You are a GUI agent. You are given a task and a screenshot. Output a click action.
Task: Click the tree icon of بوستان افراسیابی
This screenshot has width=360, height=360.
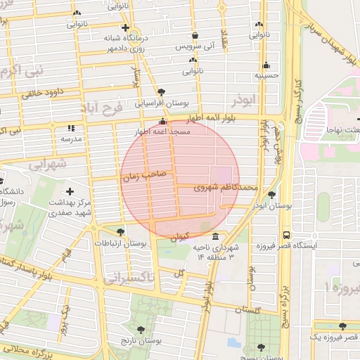click(162, 92)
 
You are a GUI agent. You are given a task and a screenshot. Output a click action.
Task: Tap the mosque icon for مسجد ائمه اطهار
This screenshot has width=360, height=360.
click(163, 121)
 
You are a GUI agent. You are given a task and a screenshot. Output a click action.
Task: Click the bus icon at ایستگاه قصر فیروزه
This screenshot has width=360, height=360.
click(285, 235)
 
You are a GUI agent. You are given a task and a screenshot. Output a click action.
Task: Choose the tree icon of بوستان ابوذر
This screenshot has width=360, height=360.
click(271, 195)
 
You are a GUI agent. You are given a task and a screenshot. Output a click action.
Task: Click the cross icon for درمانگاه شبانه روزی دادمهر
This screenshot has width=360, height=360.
click(125, 27)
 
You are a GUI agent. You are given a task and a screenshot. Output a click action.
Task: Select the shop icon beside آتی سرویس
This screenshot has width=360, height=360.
click(195, 35)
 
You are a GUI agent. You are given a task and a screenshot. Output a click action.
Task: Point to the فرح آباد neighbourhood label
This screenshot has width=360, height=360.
click(101, 108)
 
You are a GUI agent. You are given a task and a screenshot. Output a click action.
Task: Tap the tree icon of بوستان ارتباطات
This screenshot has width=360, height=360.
click(121, 232)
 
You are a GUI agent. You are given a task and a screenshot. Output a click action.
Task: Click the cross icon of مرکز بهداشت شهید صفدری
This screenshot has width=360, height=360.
click(70, 191)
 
